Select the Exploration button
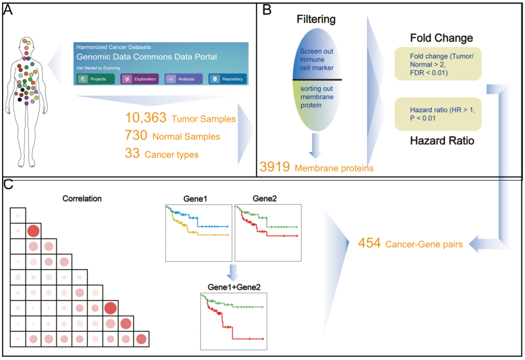140,79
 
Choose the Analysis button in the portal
184,79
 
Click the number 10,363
146,118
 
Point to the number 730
135,136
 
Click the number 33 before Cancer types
132,153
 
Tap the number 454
369,243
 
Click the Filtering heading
316,20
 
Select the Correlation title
82,198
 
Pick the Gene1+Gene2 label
234,287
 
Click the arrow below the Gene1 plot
233,272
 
